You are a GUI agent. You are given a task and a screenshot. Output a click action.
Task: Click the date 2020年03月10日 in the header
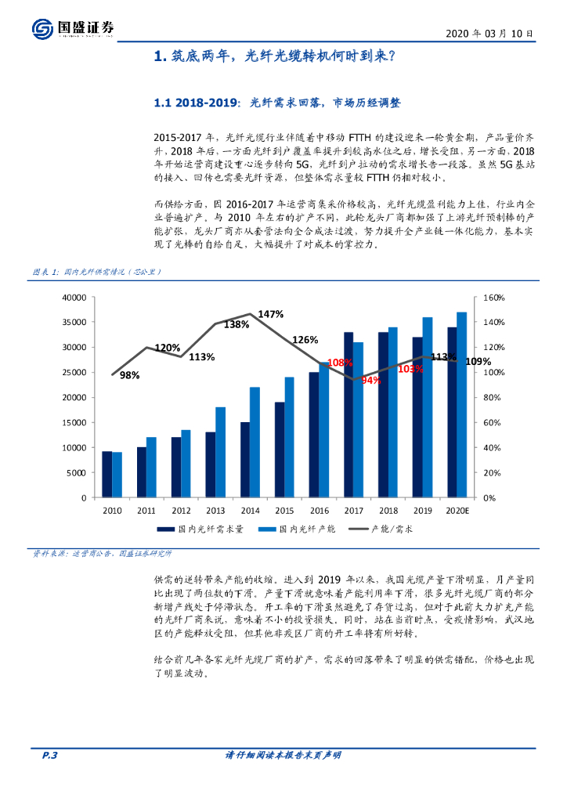489,34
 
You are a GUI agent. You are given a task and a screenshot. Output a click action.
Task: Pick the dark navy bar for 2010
107,474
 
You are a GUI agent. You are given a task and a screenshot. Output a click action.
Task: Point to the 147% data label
270,314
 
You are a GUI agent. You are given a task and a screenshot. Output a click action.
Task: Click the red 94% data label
370,380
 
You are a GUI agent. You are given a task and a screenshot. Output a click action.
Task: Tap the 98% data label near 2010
129,376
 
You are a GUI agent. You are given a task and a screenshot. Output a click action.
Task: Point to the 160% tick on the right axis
494,298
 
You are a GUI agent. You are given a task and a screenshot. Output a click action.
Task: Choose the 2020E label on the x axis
457,510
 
